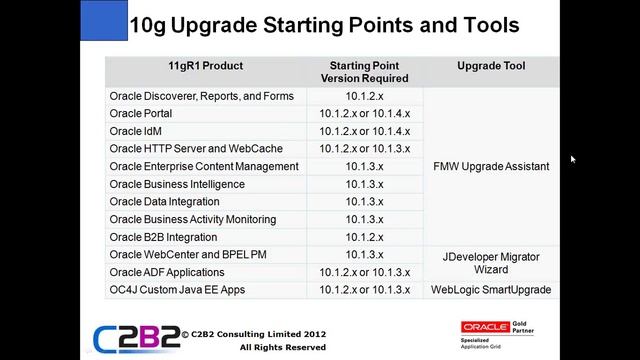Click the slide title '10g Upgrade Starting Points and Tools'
click(325, 23)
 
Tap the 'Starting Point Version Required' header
click(365, 72)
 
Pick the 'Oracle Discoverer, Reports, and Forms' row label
click(201, 96)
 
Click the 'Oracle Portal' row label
click(141, 114)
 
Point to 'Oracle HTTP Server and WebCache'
click(196, 149)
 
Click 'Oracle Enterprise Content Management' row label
click(204, 166)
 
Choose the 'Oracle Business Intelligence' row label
click(177, 184)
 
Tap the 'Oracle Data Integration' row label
click(164, 202)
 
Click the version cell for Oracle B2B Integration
click(365, 237)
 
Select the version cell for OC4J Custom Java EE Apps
click(365, 290)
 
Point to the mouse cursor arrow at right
click(573, 159)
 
